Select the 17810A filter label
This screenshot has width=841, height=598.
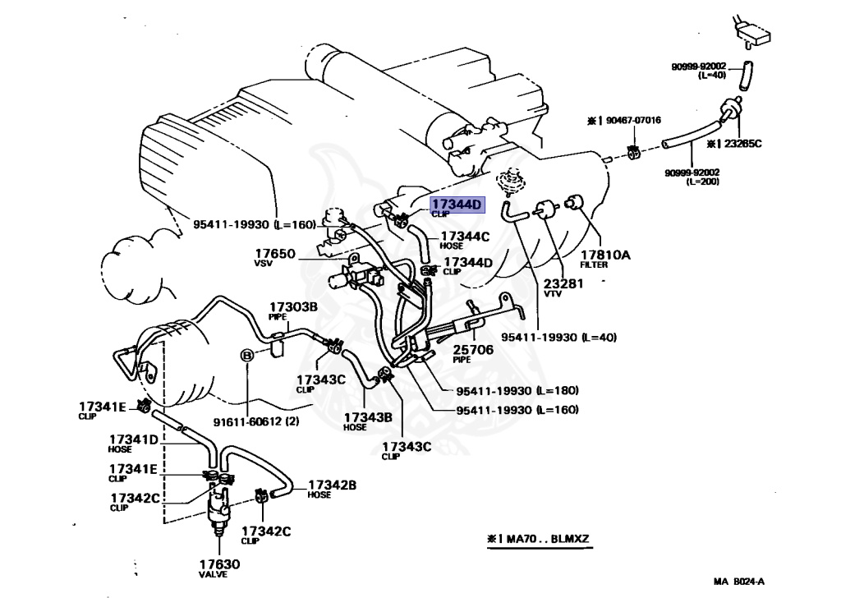click(x=605, y=255)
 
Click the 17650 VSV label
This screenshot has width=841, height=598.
click(x=274, y=254)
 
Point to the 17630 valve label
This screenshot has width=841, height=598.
click(x=219, y=564)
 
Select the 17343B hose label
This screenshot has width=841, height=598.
click(x=367, y=416)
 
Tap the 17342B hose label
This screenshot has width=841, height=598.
click(x=332, y=485)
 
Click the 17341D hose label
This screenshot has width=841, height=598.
click(x=133, y=439)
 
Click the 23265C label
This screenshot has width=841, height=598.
click(x=741, y=143)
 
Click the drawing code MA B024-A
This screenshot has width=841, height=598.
click(x=738, y=582)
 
